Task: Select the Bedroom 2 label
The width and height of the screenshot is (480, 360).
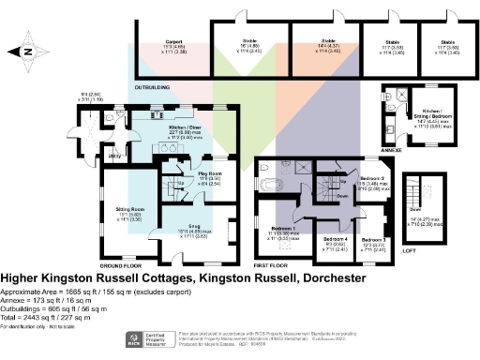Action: (x=373, y=177)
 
